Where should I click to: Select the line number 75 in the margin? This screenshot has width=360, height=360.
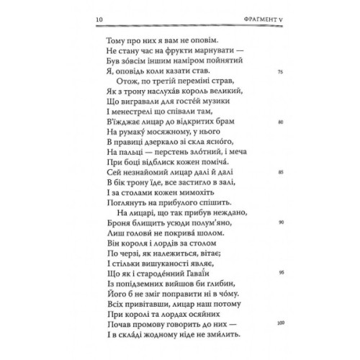[279, 72]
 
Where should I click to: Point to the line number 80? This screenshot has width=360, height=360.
[279, 122]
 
